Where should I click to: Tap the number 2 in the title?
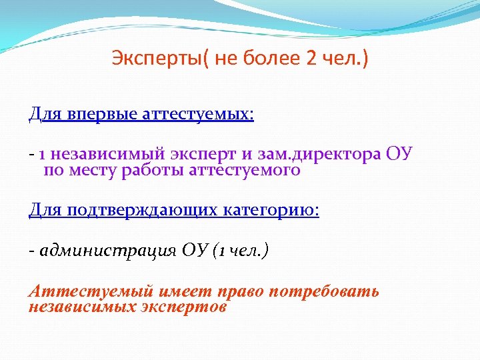(312, 59)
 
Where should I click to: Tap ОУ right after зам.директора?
(400, 155)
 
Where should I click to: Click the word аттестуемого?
(246, 170)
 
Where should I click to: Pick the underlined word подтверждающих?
(137, 211)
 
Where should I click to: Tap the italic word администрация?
(108, 251)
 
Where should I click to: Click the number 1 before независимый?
(41, 155)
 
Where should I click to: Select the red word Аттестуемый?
(75, 292)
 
